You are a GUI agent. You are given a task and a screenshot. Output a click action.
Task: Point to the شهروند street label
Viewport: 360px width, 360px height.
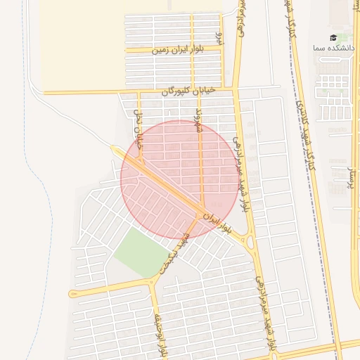click(x=199, y=119)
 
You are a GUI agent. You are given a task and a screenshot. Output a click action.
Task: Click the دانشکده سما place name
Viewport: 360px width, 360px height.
click(x=329, y=48)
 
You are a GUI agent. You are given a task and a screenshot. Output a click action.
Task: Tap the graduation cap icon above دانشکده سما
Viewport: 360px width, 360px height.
click(x=333, y=37)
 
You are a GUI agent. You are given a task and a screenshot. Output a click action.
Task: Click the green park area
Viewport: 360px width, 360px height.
click(x=141, y=252)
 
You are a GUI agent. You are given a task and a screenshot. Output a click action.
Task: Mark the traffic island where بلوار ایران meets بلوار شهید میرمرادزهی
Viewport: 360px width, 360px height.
click(x=251, y=243)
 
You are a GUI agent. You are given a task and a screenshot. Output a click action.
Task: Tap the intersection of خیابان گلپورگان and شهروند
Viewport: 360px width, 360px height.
click(x=199, y=91)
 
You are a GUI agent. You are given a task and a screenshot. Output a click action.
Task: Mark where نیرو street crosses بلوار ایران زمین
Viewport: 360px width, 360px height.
click(x=224, y=49)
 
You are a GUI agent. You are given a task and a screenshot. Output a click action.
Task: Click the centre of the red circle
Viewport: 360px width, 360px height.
click(x=179, y=179)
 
